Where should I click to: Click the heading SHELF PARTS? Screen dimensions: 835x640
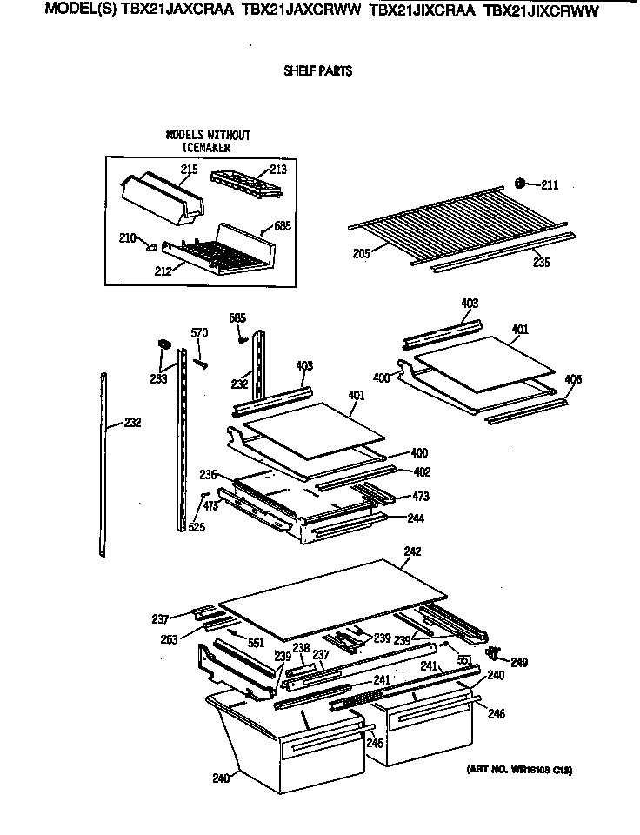point(317,71)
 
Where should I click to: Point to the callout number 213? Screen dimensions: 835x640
point(277,170)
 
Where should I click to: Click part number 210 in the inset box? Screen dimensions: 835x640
point(126,237)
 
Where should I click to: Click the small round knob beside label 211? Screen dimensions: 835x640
point(519,184)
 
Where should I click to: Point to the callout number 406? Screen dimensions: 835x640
point(572,380)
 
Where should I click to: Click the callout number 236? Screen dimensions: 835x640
point(208,475)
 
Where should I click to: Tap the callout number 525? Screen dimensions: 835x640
point(197,527)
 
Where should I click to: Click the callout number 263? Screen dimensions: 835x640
point(169,639)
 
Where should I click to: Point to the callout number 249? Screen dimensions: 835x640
point(518,663)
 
